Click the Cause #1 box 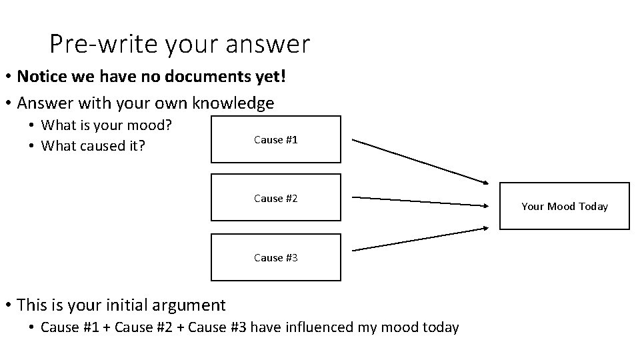coord(276,139)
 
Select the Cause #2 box coord(276,198)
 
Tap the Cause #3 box coord(276,257)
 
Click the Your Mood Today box coord(564,206)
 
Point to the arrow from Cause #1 coord(420,161)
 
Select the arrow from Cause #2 coord(420,201)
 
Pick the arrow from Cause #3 coord(420,239)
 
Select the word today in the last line coord(440,327)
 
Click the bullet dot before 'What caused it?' coord(32,146)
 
